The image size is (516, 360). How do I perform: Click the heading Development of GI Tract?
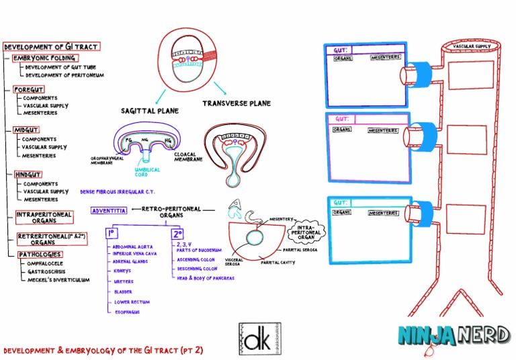[51, 47]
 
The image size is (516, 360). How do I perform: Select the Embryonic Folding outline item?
[44, 58]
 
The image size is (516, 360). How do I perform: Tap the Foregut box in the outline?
[29, 89]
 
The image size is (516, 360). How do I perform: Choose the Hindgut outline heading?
[28, 175]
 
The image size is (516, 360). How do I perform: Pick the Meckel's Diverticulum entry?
[58, 279]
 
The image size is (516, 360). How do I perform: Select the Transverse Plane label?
[236, 103]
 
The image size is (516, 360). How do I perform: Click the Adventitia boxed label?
[108, 210]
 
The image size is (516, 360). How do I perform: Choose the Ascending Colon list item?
[196, 259]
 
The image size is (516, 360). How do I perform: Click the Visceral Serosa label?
[234, 261]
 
